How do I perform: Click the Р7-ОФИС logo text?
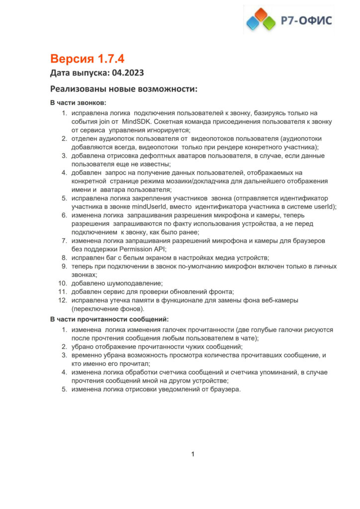[307, 20]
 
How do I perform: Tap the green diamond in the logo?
[269, 23]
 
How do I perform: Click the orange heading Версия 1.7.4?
[87, 59]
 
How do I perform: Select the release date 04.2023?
[128, 74]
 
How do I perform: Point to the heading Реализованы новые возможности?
[124, 89]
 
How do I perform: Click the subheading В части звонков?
[78, 103]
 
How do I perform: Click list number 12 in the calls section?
[63, 300]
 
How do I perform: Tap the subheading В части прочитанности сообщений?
[109, 319]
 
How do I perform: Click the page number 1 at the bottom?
[193, 453]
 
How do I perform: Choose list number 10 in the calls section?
[63, 283]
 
